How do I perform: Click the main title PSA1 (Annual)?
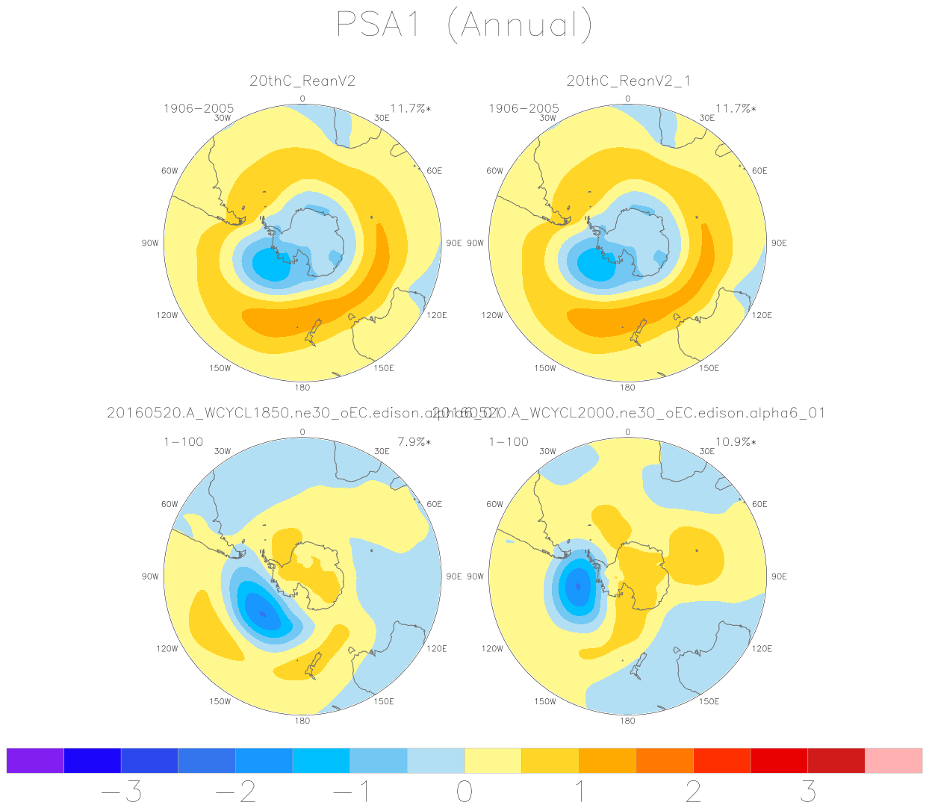463,25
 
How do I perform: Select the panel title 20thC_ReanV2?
302,81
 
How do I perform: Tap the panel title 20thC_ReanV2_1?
628,81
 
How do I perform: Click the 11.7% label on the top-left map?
410,109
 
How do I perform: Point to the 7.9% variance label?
414,442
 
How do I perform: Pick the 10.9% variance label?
736,442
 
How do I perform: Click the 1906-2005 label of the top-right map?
523,109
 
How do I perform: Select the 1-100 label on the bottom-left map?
183,442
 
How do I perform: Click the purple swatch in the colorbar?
35,760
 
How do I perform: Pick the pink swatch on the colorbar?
893,760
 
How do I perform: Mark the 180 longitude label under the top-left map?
302,388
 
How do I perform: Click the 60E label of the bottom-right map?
759,505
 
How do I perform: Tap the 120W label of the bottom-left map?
167,649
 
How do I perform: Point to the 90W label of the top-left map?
150,243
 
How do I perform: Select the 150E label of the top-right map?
709,368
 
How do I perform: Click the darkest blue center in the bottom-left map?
262,614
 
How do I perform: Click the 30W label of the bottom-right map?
547,452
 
